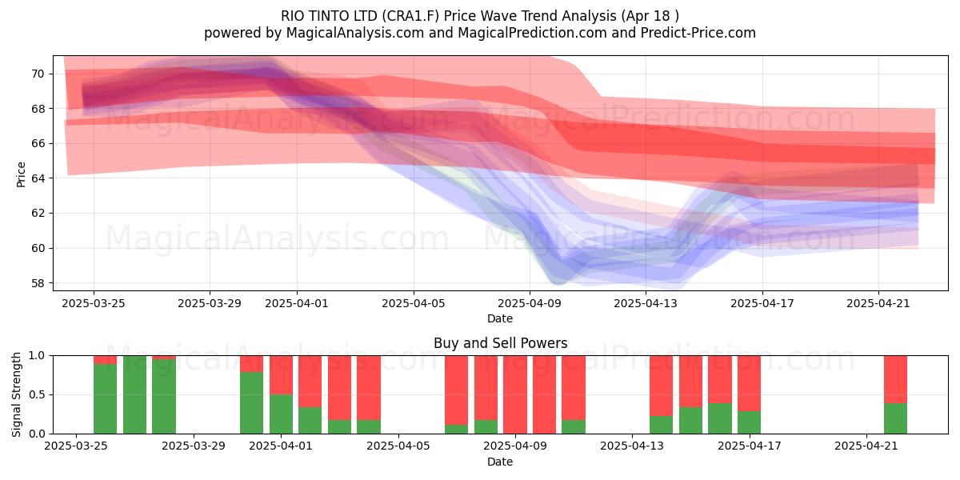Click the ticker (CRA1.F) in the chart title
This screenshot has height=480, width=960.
tap(410, 16)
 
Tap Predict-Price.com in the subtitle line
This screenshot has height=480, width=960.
tap(698, 33)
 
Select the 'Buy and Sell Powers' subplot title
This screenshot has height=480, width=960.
tap(500, 343)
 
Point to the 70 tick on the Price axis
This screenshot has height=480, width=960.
tap(38, 74)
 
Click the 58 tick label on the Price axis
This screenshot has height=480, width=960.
tap(38, 283)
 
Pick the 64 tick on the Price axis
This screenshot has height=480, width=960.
tap(38, 178)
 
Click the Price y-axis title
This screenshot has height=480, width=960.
tap(21, 175)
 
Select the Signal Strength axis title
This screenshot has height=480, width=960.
tap(16, 394)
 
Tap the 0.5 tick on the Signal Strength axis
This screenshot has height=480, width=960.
tap(37, 394)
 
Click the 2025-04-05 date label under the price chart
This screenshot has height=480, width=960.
tap(414, 304)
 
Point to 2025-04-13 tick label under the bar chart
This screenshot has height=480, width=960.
tap(632, 446)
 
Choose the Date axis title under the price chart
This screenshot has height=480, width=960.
tap(500, 318)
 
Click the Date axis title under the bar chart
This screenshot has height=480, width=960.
tap(500, 462)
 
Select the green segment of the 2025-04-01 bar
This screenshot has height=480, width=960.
tap(281, 414)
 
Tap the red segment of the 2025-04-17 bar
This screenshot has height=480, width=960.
tap(749, 383)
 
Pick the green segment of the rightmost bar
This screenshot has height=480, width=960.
tap(896, 418)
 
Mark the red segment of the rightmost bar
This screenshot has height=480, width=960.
tap(896, 379)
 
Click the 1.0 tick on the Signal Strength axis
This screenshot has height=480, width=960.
tap(37, 356)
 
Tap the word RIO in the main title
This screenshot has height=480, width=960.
tap(291, 16)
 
